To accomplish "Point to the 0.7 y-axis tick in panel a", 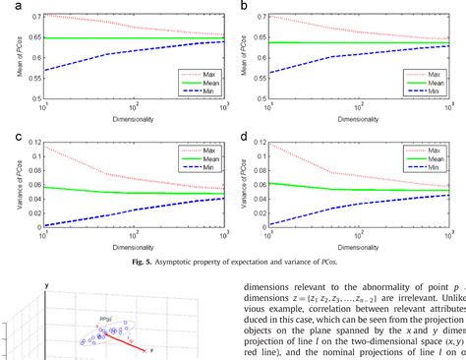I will (x=34, y=18).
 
